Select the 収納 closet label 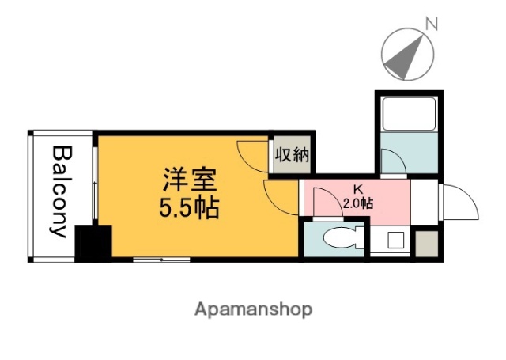coord(291,155)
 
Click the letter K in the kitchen coord(357,190)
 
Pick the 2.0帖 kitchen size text coord(358,203)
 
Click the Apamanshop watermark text coord(253,309)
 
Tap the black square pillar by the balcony coord(93,244)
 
